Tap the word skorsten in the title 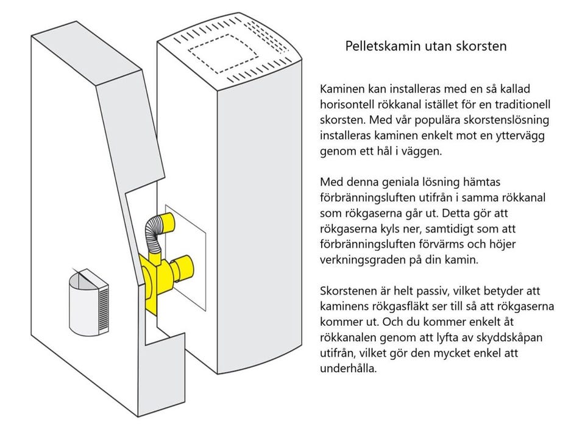pyautogui.click(x=481, y=46)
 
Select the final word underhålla pyautogui.click(x=348, y=369)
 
